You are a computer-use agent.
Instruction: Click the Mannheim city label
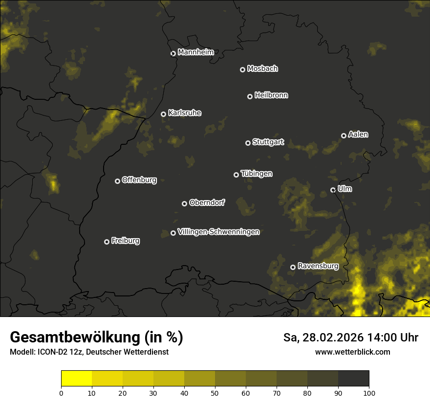click(x=195, y=52)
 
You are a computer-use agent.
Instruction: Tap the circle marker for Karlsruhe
click(x=163, y=114)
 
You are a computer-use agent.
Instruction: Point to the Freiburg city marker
click(x=107, y=242)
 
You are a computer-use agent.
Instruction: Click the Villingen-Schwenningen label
click(x=218, y=232)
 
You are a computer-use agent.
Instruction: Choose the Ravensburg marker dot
click(x=293, y=267)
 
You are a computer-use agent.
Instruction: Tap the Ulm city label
click(x=344, y=189)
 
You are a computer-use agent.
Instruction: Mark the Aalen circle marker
click(x=344, y=135)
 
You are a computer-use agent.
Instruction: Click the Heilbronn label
click(x=271, y=95)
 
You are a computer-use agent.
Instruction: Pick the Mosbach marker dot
click(x=242, y=70)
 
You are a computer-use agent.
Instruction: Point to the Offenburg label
click(x=139, y=180)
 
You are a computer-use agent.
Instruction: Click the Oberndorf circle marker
click(x=184, y=203)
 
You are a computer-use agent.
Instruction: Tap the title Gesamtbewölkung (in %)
click(x=96, y=338)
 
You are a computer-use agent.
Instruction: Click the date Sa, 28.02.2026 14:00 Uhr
click(x=350, y=338)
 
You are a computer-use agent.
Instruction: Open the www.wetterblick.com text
click(x=352, y=352)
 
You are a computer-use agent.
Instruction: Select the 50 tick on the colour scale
click(x=215, y=392)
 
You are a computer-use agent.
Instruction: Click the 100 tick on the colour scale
click(x=369, y=392)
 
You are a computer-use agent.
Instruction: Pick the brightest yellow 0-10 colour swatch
click(x=76, y=379)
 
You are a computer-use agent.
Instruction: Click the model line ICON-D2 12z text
click(x=89, y=352)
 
